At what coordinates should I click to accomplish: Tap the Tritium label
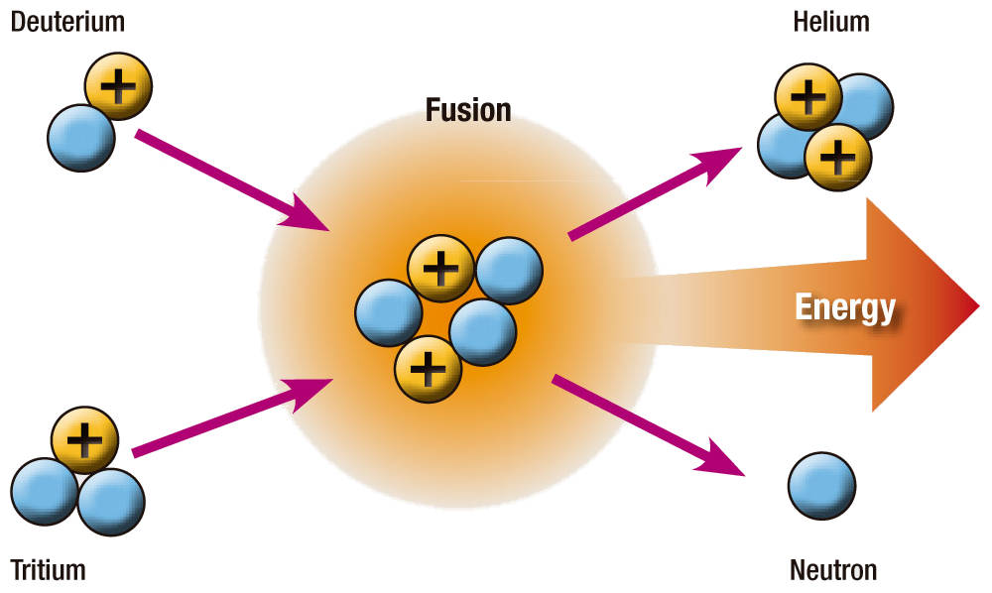(48, 570)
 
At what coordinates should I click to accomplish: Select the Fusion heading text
(468, 109)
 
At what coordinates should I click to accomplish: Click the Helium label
(831, 22)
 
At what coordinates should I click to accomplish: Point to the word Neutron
(833, 570)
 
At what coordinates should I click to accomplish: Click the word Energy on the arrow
(845, 307)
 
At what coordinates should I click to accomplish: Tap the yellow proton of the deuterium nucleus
(118, 86)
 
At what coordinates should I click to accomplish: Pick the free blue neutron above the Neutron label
(821, 485)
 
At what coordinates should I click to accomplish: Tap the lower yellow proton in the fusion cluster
(428, 370)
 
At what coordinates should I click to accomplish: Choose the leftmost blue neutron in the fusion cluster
(389, 312)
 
